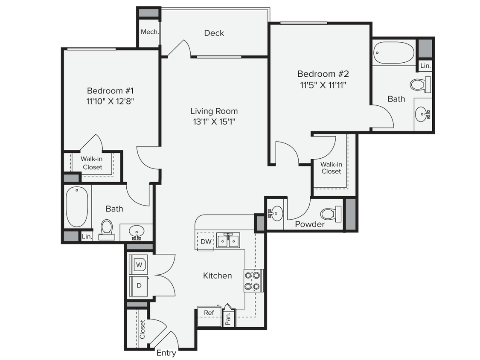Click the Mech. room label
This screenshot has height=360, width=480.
(150, 32)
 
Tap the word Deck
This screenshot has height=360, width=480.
(214, 33)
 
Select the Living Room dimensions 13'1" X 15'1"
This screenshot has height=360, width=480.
(214, 122)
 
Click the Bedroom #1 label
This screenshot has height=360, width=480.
(111, 90)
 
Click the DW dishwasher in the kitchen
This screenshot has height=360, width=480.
(205, 241)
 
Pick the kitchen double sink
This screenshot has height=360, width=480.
(228, 241)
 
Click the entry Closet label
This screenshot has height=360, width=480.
(142, 329)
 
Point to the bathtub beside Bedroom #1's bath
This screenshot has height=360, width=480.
(77, 206)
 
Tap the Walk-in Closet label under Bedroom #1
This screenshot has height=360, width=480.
(93, 163)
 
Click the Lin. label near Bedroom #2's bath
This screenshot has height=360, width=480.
(425, 66)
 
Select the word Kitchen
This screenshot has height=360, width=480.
(217, 276)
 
